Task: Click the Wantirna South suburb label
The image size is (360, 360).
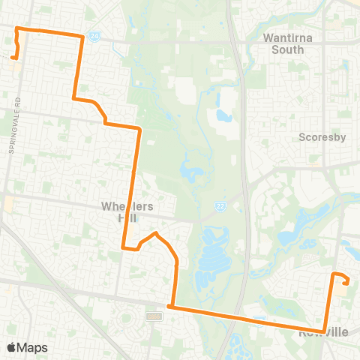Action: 283,43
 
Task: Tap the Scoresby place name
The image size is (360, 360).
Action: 321,137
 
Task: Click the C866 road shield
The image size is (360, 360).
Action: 156,316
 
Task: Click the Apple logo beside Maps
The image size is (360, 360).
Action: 11,347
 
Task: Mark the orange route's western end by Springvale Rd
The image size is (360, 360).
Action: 13,55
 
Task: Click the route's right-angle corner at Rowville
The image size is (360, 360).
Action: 324,331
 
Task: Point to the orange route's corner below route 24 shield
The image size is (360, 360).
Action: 81,36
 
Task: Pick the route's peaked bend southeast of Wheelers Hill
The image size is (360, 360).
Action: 155,234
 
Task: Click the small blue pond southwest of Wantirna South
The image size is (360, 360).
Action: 223,116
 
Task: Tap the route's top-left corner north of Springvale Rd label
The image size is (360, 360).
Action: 17,28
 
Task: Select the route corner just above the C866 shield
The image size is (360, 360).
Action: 171,306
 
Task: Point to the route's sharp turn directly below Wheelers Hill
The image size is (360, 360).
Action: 123,247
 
